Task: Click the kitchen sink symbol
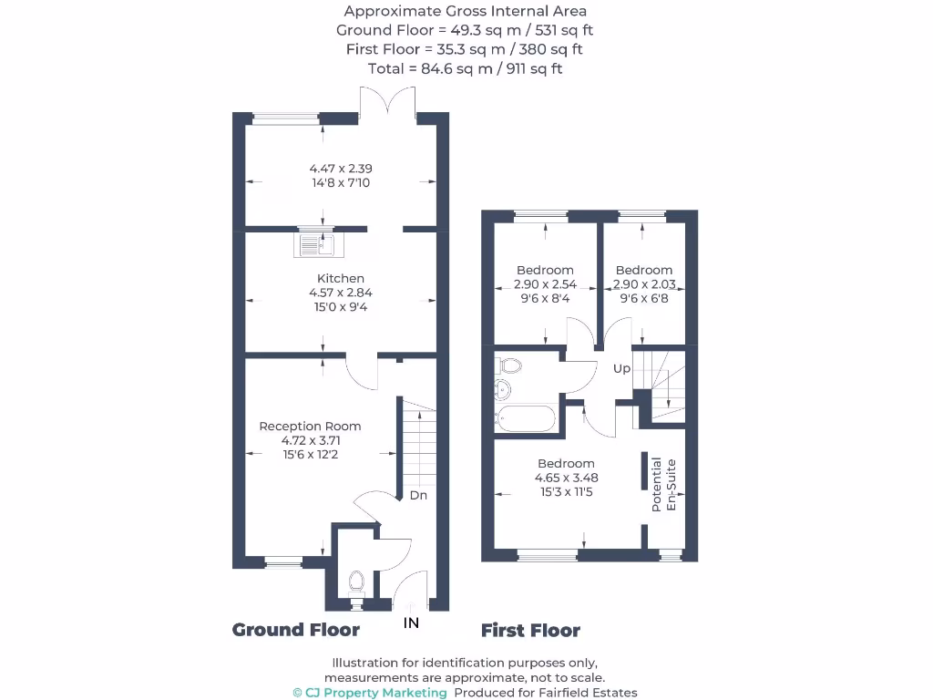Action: tap(316, 244)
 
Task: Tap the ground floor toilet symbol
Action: tap(355, 582)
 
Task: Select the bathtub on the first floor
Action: tap(524, 419)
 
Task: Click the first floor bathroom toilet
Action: tap(508, 366)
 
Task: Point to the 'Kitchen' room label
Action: tap(341, 278)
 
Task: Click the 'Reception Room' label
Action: tap(310, 426)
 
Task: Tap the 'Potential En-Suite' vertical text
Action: tap(663, 484)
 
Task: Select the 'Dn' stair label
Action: tap(418, 496)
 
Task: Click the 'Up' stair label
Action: tap(621, 368)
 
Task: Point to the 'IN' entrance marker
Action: tap(412, 623)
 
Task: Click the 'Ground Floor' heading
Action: tap(296, 630)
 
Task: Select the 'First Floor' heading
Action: tap(530, 630)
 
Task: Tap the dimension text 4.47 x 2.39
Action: tap(340, 169)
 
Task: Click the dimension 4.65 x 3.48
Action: tap(566, 478)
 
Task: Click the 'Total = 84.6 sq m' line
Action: tap(465, 68)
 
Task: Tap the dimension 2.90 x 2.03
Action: tap(644, 284)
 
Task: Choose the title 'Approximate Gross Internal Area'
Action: tap(465, 11)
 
